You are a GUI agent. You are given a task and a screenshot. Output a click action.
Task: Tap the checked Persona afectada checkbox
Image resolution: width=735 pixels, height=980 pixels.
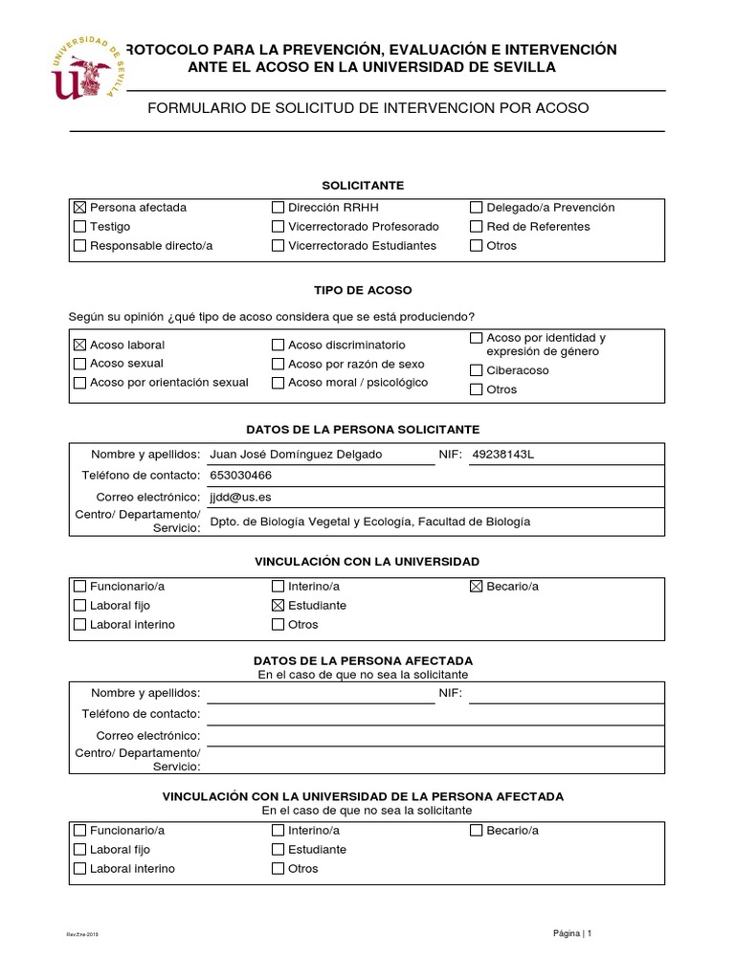coord(79,207)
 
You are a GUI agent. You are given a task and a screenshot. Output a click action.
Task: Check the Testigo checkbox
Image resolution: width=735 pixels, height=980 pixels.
coord(79,227)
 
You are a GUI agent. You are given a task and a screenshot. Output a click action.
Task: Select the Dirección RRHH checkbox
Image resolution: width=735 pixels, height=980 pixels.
coord(278,207)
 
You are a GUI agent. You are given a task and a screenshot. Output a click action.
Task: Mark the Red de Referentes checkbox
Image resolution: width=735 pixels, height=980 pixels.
coord(477,227)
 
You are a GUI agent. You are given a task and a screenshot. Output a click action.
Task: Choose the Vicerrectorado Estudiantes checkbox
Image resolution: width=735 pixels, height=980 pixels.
coord(278,246)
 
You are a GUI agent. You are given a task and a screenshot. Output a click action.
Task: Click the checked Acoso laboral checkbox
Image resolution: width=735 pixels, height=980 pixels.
coord(79,345)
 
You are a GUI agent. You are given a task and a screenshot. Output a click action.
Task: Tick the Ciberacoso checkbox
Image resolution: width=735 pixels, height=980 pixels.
coord(477,370)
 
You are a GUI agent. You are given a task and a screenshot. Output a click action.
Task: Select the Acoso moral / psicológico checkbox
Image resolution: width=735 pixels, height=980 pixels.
coord(278,383)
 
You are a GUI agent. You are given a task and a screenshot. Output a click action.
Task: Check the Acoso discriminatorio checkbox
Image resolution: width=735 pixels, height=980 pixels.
coord(278,345)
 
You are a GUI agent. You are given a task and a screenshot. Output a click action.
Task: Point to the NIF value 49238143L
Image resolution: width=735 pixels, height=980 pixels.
coord(503,454)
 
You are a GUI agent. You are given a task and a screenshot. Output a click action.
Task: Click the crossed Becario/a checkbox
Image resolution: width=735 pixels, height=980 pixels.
coord(477,587)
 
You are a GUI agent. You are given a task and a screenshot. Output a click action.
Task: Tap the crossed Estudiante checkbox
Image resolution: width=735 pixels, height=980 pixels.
coord(278,606)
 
